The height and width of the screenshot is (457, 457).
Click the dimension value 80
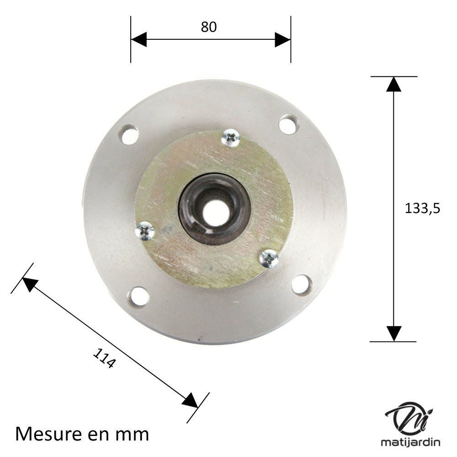coord(209,27)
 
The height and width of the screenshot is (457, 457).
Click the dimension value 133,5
coord(422,209)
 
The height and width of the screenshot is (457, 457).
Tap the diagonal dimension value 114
coord(104,358)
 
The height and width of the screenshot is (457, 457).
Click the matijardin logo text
coord(410,442)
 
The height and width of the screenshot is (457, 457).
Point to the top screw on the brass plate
coord(230,138)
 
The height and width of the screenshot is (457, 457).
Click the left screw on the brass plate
coord(145,231)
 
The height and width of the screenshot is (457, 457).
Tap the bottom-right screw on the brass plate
coord(269,258)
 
